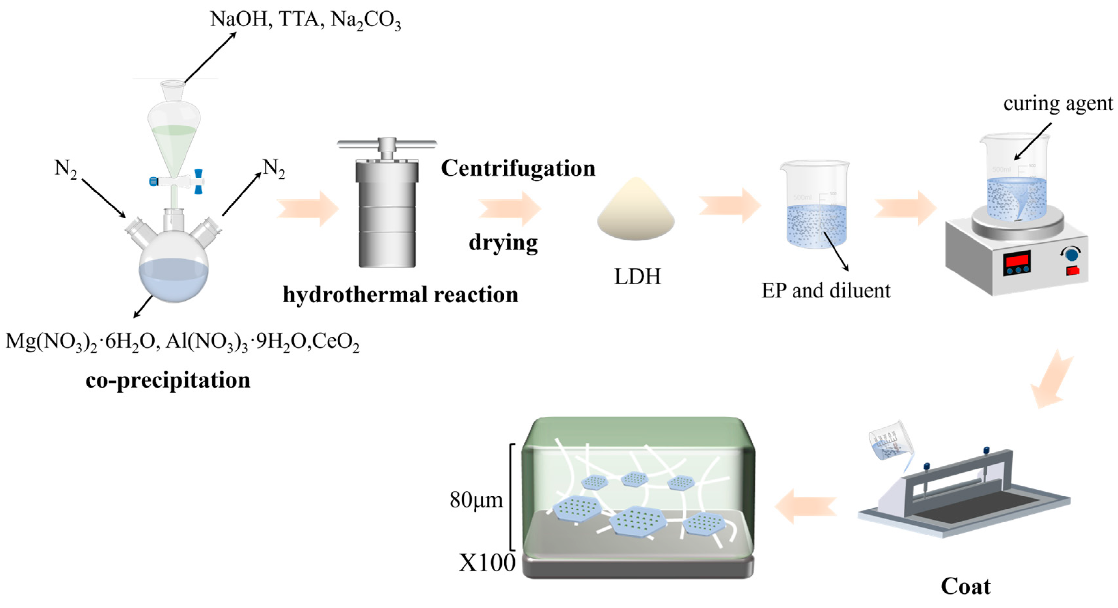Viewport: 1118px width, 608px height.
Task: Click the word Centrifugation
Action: point(518,168)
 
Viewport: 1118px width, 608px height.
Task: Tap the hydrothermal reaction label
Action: point(400,295)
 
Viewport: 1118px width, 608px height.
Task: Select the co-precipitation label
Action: point(168,380)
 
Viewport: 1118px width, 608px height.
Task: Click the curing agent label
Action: point(1058,104)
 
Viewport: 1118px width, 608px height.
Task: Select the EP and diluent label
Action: point(825,291)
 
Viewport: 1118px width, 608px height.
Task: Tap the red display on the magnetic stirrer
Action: point(1016,260)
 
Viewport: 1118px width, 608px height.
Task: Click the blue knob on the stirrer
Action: point(1071,254)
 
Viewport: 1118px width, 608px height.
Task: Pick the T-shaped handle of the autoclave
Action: point(387,144)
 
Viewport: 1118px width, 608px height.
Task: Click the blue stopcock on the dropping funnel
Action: point(198,181)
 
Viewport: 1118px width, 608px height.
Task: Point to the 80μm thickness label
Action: point(476,500)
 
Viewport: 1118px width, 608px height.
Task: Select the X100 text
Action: point(487,563)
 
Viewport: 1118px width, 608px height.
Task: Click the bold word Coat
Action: point(966,586)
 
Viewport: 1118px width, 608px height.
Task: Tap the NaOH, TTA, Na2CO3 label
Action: point(305,20)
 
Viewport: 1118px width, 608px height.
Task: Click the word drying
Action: point(503,243)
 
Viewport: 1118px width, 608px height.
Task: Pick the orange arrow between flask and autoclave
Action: point(307,209)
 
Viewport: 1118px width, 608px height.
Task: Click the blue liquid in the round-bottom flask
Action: point(173,280)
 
